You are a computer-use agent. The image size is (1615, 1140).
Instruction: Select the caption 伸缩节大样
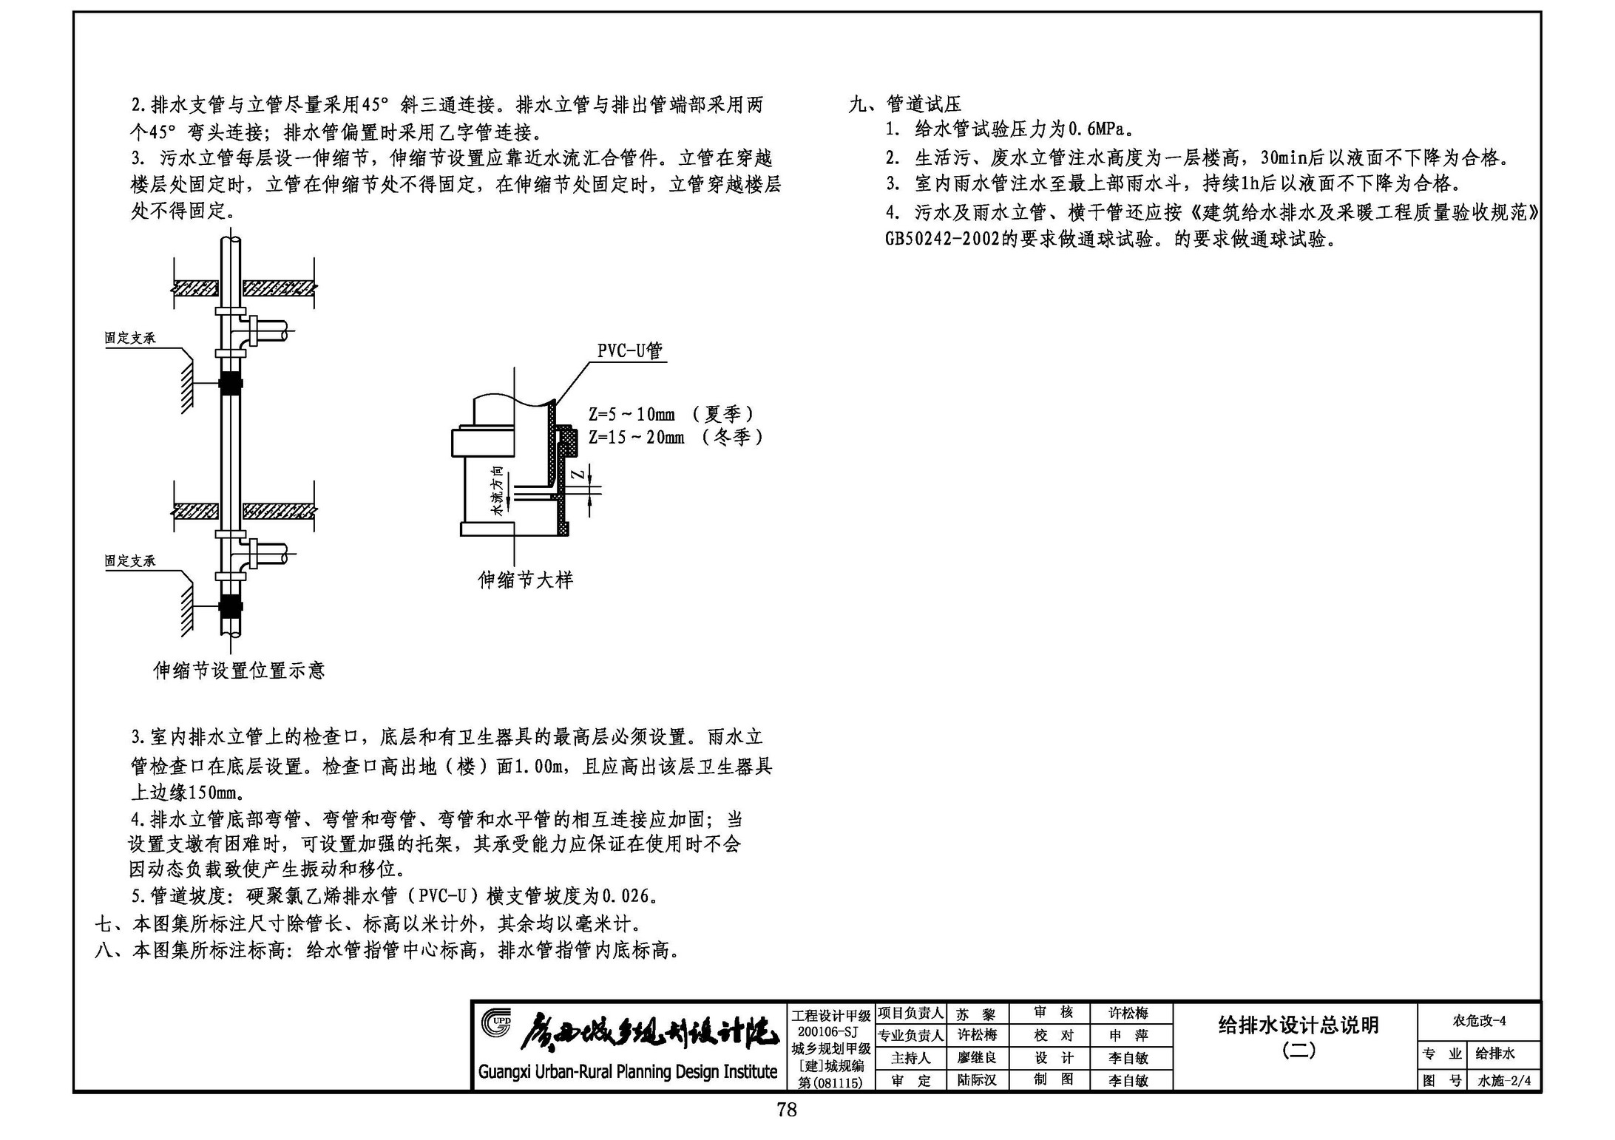526,580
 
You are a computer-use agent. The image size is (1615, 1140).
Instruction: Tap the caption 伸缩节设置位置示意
239,671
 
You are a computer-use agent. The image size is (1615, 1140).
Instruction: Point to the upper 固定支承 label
130,338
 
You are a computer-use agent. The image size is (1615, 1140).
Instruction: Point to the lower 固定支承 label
130,561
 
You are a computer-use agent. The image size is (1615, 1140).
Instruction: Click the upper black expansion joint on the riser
231,384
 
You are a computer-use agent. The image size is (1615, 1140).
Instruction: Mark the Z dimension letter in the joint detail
580,474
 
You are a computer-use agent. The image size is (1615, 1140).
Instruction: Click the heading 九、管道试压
905,104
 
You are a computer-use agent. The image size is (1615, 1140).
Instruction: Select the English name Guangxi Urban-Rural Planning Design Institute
628,1071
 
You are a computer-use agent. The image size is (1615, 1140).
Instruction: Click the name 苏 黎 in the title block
976,1014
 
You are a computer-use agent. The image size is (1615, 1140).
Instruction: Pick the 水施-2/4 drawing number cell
1504,1081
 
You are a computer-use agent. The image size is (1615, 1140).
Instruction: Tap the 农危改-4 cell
1480,1021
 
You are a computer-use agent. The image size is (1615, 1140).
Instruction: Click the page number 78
787,1110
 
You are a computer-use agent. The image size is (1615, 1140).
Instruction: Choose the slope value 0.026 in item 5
626,897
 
